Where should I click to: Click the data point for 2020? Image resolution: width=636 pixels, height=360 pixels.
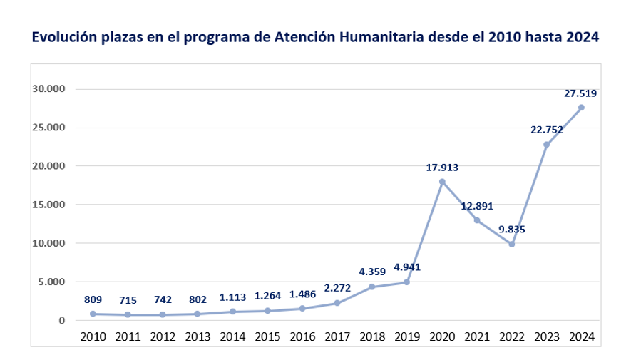tap(442, 182)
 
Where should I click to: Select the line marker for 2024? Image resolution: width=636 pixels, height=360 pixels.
tap(581, 108)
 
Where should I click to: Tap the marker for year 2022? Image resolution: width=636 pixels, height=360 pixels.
tap(512, 245)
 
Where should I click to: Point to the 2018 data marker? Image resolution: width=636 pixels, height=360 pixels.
tap(372, 287)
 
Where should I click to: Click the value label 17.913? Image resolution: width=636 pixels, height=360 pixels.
tap(442, 168)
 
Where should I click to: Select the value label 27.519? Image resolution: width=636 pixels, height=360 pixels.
tap(581, 93)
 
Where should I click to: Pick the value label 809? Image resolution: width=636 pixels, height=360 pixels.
tap(93, 299)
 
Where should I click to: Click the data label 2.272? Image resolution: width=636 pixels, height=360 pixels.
tap(337, 288)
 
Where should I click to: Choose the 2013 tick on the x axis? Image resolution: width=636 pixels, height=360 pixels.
tap(198, 336)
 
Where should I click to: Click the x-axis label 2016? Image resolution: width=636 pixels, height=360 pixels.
tap(302, 336)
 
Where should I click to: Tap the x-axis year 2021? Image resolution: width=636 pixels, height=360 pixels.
tap(476, 336)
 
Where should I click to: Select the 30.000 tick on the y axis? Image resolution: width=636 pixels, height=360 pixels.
tap(48, 89)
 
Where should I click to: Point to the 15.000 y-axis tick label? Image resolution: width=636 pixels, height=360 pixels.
tap(48, 205)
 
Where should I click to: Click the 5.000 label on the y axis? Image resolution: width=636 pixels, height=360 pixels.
tap(51, 282)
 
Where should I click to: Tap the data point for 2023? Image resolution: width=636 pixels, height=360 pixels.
tap(547, 145)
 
